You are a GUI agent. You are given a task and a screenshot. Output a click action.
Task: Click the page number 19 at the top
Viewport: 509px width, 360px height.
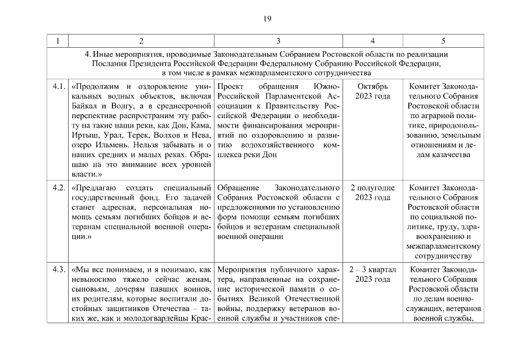[x=268, y=19]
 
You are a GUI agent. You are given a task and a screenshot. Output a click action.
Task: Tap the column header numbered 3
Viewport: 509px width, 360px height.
[x=278, y=41]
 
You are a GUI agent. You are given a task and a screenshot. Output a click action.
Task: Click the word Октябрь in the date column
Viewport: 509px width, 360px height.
[x=372, y=87]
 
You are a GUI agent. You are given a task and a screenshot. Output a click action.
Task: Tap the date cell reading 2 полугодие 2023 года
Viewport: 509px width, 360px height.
[x=372, y=192]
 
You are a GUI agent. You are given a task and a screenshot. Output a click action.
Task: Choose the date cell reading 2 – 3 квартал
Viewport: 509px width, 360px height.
[x=372, y=269]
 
